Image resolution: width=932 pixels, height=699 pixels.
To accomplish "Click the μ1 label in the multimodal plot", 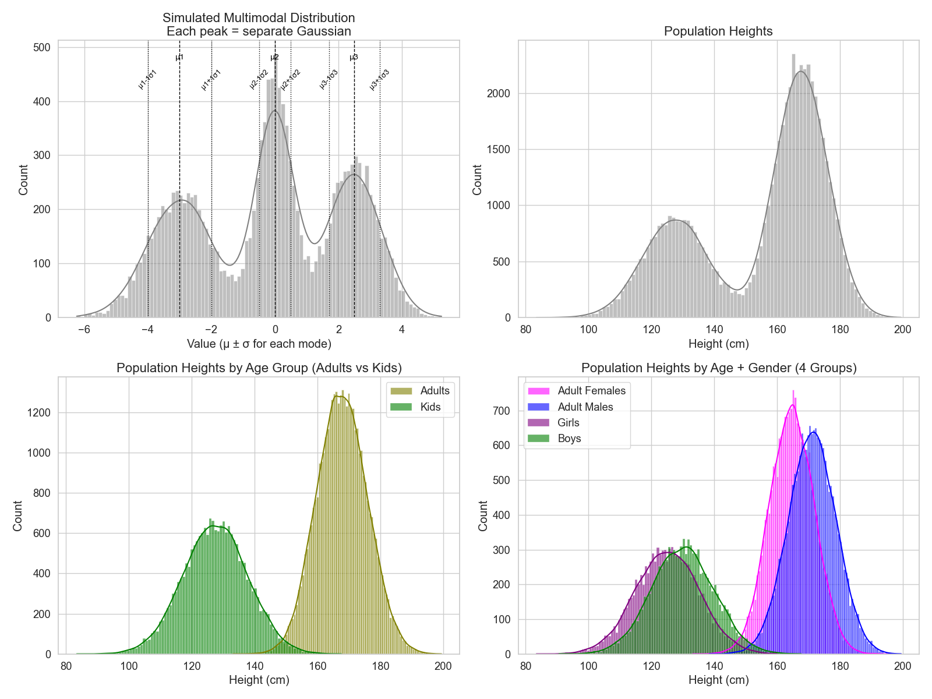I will click(x=179, y=58).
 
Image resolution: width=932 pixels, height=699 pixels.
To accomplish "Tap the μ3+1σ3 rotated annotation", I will click(x=379, y=80).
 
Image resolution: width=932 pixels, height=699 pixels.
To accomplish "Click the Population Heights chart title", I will click(x=718, y=31).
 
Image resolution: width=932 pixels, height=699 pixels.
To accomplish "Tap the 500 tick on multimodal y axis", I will click(x=41, y=48).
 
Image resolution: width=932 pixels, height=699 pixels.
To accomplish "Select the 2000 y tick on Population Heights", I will click(x=499, y=94).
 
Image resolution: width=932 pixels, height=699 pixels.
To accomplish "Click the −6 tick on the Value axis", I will click(x=84, y=330).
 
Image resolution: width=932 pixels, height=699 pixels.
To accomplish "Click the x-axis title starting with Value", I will click(x=259, y=344).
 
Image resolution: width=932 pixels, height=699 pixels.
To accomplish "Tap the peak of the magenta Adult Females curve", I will click(x=792, y=405).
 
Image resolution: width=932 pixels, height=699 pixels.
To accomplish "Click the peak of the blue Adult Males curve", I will click(x=814, y=432).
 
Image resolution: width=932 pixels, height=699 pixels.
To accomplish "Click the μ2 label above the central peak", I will click(x=275, y=58).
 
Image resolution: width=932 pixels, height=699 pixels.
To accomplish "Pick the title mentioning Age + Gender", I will click(x=718, y=368).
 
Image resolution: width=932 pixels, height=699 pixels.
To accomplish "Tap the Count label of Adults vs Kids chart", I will click(x=17, y=516).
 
